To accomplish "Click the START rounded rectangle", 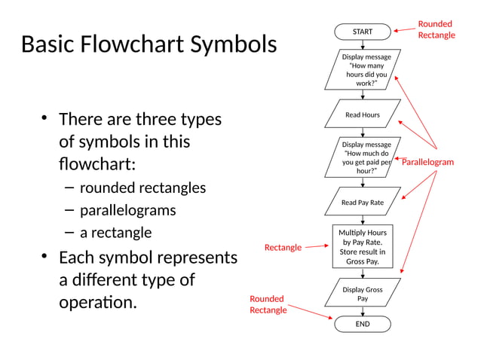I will point(363,32).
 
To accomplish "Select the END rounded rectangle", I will point(363,324).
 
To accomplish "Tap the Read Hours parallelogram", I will point(363,115).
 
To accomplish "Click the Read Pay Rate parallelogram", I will point(363,203).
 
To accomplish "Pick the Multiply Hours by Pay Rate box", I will point(363,247).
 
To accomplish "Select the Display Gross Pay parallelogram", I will point(363,294).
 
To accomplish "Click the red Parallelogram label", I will point(427,162).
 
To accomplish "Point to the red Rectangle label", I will point(283,248).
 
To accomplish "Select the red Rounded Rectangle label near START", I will point(437,30).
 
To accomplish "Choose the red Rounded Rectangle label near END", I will point(268,305).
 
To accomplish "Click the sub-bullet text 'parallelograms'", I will point(127,210).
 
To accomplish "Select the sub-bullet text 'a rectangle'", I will point(115,232).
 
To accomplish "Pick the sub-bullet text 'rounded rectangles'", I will point(142,188).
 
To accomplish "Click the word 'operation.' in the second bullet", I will point(99,304).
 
